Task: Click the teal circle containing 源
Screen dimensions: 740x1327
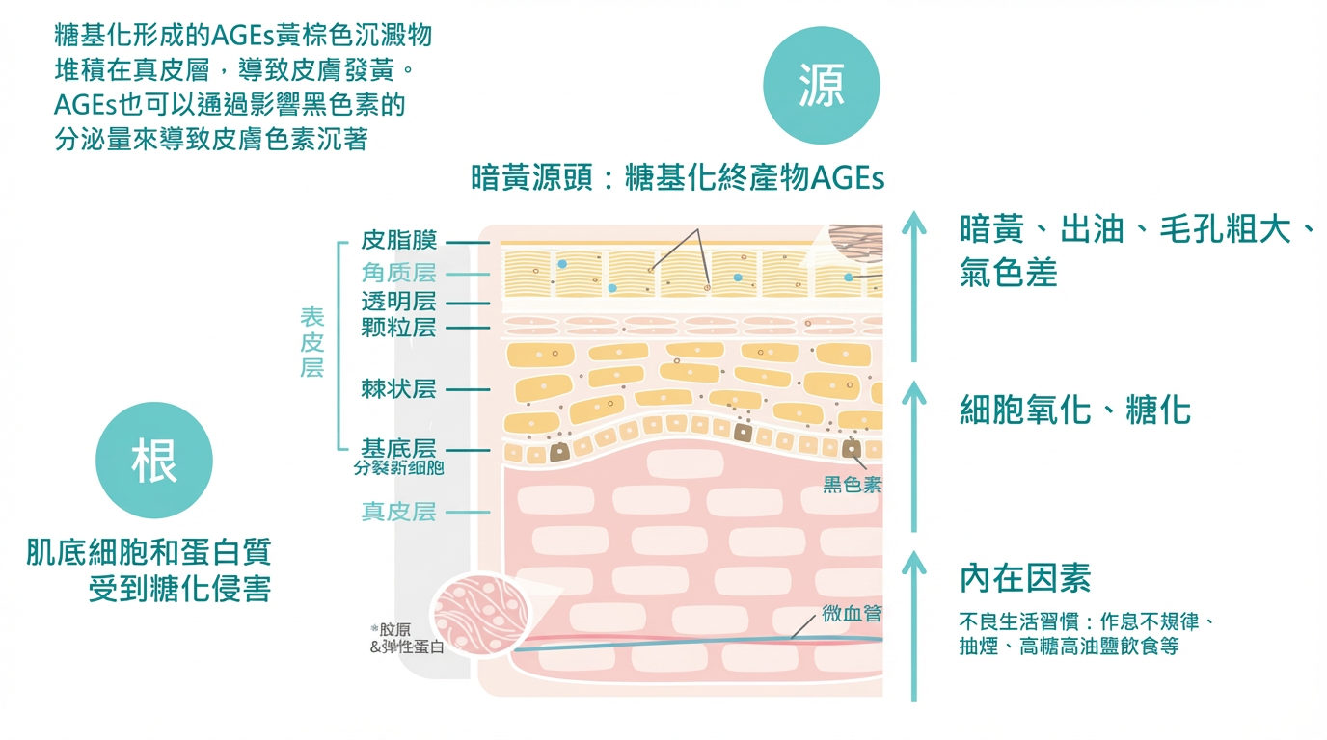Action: [x=821, y=87]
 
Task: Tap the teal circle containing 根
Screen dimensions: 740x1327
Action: [x=154, y=461]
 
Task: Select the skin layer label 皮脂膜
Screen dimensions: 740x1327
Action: [x=399, y=240]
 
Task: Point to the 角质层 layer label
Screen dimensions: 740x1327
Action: [x=399, y=274]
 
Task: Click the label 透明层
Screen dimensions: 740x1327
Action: [x=399, y=302]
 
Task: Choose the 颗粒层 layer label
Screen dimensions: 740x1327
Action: [x=399, y=328]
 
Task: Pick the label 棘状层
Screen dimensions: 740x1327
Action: [x=399, y=389]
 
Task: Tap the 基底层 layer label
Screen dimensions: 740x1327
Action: [x=399, y=448]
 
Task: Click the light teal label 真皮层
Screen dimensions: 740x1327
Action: [x=399, y=512]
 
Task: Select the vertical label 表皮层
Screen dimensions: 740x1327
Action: [x=312, y=343]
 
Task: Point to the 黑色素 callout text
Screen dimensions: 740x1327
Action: [x=852, y=485]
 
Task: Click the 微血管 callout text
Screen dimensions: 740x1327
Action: [x=852, y=614]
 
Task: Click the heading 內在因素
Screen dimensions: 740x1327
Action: [x=1025, y=578]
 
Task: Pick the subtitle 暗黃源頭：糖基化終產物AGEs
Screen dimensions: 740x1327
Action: [x=678, y=178]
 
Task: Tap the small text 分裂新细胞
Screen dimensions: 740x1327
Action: [x=399, y=468]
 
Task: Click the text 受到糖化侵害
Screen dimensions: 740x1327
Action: [x=179, y=588]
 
